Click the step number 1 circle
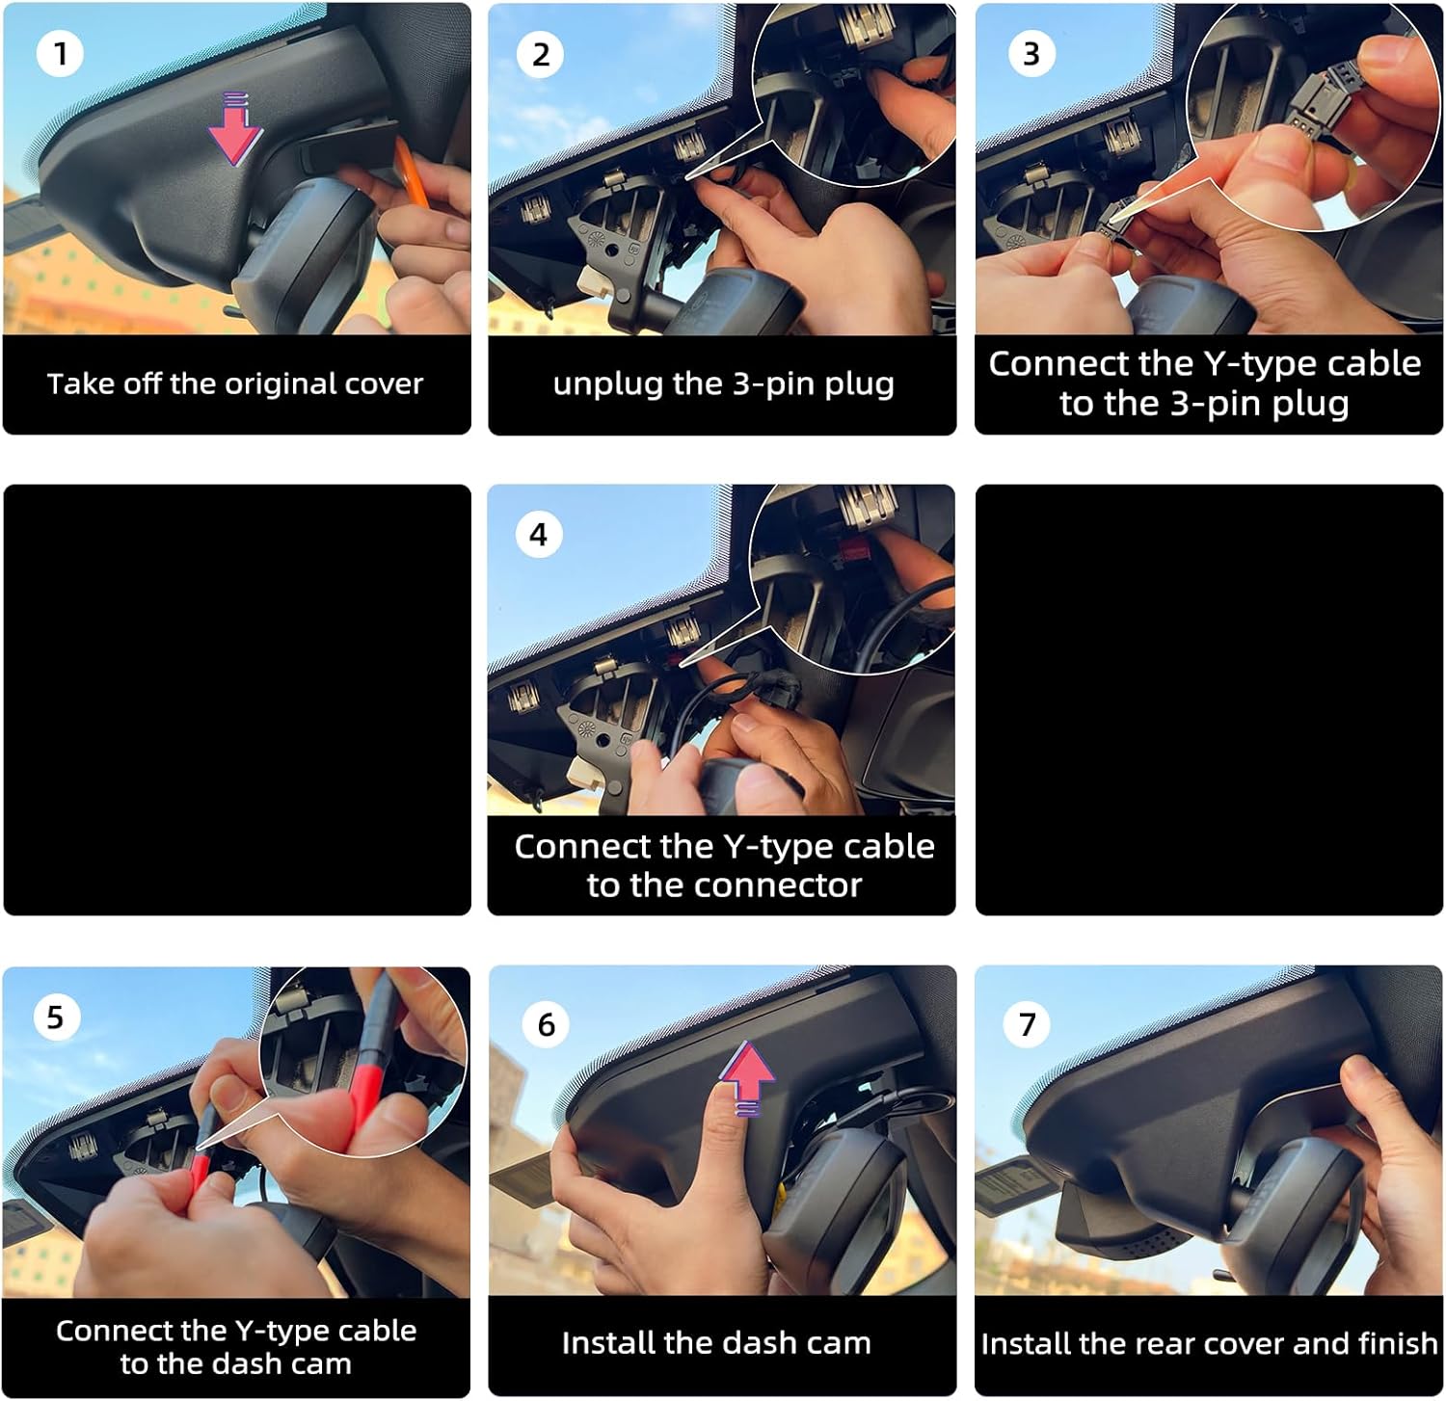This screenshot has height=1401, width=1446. click(60, 54)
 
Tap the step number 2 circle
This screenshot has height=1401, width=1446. click(540, 54)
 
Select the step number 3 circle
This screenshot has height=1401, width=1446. click(1031, 54)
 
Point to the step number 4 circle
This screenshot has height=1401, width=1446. click(538, 535)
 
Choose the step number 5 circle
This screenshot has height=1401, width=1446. click(55, 1017)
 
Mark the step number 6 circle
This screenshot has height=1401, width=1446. click(546, 1023)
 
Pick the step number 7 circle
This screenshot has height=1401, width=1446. click(1028, 1023)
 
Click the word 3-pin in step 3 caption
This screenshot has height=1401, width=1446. click(1215, 403)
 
